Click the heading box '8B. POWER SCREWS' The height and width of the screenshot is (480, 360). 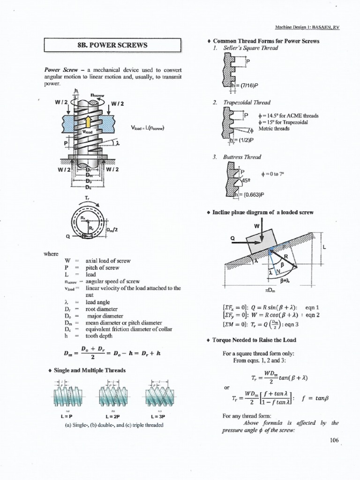[x=112, y=45]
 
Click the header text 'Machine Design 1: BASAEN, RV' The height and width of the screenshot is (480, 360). [x=307, y=28]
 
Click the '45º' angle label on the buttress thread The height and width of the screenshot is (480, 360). [x=246, y=179]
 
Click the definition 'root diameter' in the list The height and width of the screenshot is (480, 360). [x=99, y=309]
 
